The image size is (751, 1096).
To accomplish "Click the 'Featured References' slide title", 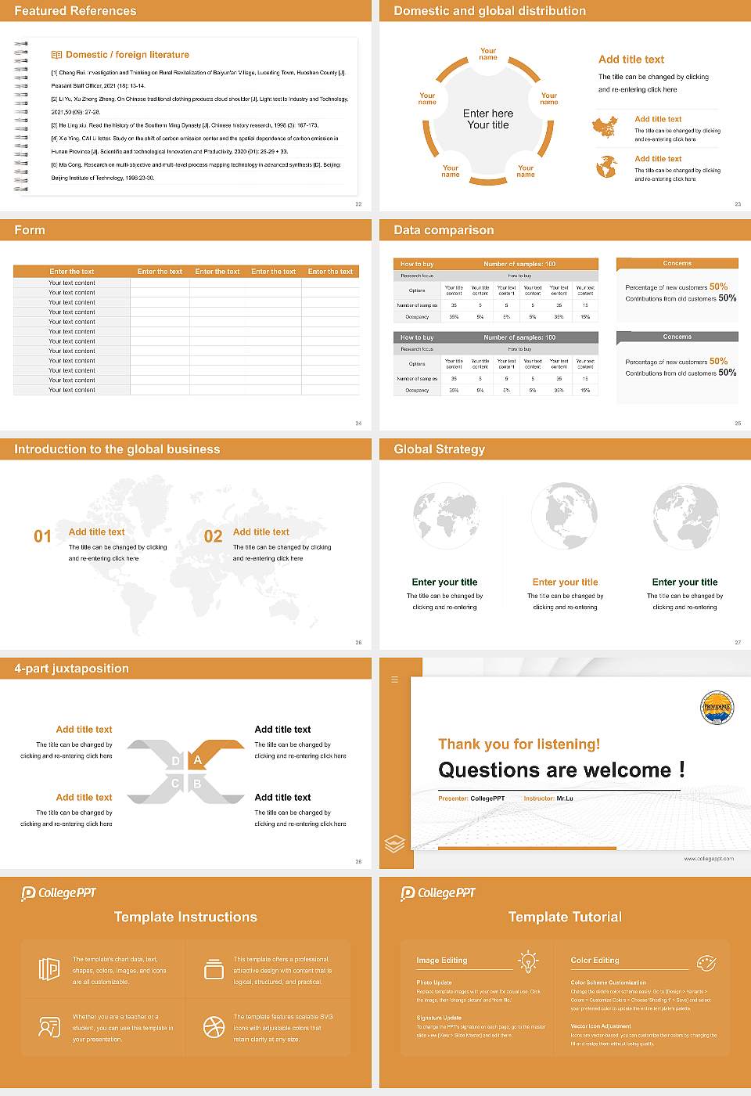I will pos(75,11).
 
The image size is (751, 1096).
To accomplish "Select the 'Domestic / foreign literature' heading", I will pos(127,55).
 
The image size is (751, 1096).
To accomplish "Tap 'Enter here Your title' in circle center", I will pos(488,119).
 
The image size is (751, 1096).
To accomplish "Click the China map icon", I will pos(605,128).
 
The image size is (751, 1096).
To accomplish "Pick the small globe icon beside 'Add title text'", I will pos(606,167).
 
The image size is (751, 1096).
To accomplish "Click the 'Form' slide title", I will pos(30,230).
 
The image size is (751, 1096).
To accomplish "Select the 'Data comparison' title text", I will pos(444,230).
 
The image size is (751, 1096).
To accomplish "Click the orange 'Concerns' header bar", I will pos(677,264).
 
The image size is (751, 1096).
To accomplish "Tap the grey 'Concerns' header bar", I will pos(677,337).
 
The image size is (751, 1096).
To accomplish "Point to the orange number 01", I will pos(42,536).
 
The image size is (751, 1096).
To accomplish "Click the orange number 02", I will pos(213,536).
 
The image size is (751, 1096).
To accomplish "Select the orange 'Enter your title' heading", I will pos(565,582).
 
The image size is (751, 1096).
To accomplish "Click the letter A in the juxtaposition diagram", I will pos(198,760).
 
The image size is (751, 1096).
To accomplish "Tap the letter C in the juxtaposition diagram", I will pos(175,784).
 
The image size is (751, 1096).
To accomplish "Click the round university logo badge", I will pos(717,708).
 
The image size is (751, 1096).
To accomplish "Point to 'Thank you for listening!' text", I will pos(519,744).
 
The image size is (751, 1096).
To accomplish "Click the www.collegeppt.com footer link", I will pos(709,859).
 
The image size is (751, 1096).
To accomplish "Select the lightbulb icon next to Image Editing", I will pos(528,961).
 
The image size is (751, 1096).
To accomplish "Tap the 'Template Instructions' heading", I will pos(185,918).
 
